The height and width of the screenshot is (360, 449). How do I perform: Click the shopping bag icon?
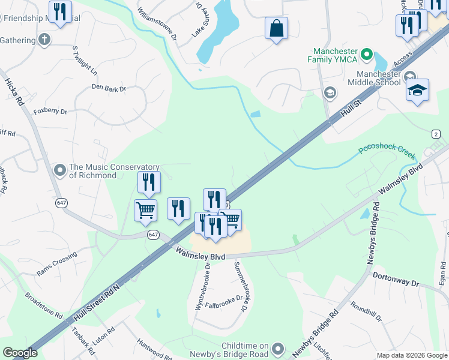coord(276,28)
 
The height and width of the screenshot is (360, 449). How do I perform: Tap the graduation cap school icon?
coord(417,91)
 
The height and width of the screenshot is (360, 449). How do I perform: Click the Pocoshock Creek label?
coord(388,151)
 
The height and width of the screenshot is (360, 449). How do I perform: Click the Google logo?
coord(20,353)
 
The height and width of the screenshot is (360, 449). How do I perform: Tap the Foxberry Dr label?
coord(50,111)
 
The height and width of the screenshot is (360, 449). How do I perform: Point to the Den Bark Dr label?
coord(109,88)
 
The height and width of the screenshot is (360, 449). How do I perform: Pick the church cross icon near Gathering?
coord(43,40)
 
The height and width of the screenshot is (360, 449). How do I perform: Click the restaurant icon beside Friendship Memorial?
coord(60,12)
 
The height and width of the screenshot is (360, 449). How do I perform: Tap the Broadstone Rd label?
coord(44,305)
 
